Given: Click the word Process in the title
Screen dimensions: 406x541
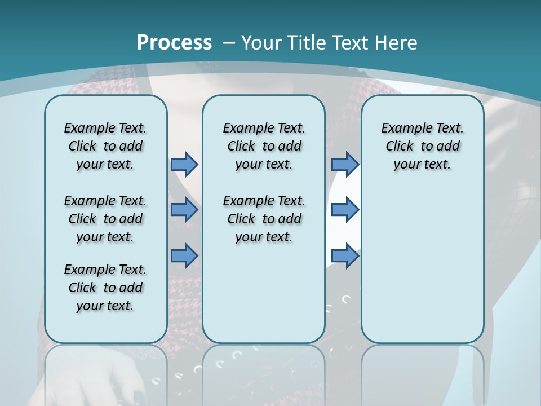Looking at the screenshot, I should (x=174, y=43).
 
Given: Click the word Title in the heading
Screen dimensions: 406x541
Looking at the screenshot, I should (x=307, y=43).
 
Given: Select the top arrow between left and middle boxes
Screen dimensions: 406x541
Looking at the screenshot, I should (x=184, y=164).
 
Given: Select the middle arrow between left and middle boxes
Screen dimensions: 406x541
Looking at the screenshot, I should (x=184, y=210).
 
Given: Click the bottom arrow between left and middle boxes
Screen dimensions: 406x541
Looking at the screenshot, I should (x=184, y=255).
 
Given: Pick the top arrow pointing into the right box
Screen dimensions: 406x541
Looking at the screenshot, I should (x=345, y=164).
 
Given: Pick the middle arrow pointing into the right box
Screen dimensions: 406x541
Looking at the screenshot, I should (x=345, y=210).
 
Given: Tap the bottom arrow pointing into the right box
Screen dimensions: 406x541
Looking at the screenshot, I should (x=345, y=255).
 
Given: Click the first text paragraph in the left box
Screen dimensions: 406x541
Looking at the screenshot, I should (x=105, y=146).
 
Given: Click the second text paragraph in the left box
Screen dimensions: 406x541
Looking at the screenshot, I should (x=105, y=219).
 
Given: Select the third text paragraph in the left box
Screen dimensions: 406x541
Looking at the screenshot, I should (x=105, y=288).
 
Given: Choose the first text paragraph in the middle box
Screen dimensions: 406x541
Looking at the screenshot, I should (x=264, y=146).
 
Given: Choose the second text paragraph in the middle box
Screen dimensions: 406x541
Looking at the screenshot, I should (x=264, y=219).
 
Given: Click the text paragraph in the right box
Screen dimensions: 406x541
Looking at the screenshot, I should (x=422, y=146).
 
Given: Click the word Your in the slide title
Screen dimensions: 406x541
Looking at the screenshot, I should (x=261, y=43).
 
